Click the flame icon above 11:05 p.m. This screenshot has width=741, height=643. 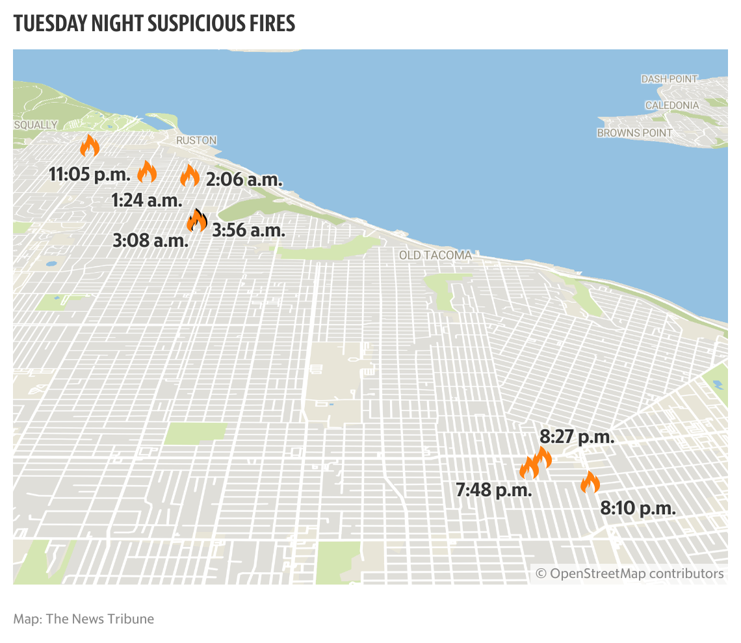[89, 146]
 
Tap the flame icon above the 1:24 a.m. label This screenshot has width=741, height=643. [147, 172]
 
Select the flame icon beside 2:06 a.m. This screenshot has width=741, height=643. [190, 175]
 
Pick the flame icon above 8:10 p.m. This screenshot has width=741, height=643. [590, 482]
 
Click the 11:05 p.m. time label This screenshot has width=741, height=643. [90, 174]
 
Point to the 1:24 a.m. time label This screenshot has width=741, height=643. [146, 200]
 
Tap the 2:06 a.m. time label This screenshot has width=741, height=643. [244, 179]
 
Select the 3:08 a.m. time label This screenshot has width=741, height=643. [150, 241]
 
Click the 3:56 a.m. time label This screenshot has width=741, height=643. [248, 230]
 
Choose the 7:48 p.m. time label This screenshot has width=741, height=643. [494, 490]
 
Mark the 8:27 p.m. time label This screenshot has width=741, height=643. [577, 437]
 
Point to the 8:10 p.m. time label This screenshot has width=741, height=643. [638, 508]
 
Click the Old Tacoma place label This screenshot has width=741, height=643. [435, 255]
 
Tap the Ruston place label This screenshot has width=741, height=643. [196, 140]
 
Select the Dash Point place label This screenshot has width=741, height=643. [669, 79]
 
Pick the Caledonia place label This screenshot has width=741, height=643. [672, 105]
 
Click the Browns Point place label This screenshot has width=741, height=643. [634, 133]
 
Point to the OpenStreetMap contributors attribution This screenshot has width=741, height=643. [629, 573]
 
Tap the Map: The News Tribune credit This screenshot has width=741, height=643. [84, 618]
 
